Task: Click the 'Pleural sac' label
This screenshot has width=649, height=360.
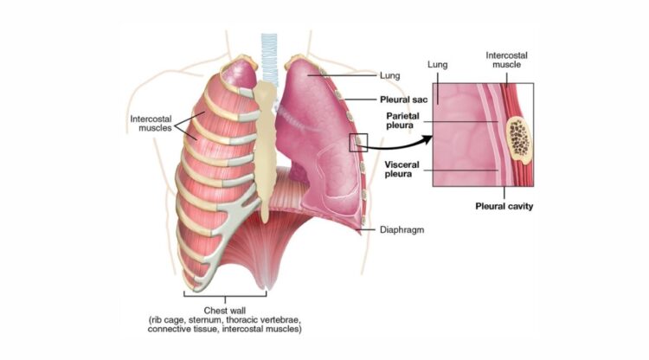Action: click(x=403, y=100)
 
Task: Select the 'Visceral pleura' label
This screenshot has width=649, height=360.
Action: click(x=402, y=170)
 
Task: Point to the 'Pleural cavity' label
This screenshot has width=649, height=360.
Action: click(x=504, y=206)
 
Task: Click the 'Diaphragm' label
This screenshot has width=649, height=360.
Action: click(x=402, y=229)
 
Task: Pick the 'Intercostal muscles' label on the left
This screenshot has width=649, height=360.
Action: click(x=151, y=123)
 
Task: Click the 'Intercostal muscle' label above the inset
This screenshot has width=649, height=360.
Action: click(x=506, y=60)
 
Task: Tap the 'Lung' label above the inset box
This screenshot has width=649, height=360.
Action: click(x=438, y=65)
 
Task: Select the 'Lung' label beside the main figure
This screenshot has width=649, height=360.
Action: click(x=390, y=75)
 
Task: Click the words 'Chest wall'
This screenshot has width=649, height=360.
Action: click(x=225, y=311)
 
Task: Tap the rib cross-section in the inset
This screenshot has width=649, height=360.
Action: click(x=518, y=140)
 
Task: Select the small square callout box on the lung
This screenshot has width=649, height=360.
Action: click(x=358, y=142)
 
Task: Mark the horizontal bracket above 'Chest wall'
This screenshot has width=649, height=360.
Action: click(x=225, y=295)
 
